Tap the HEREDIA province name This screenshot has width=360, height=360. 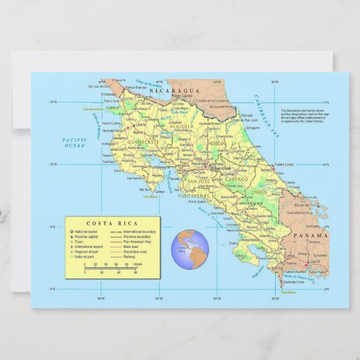[218, 145]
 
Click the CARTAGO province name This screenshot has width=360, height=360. [238, 179]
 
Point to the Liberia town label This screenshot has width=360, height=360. [141, 125]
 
